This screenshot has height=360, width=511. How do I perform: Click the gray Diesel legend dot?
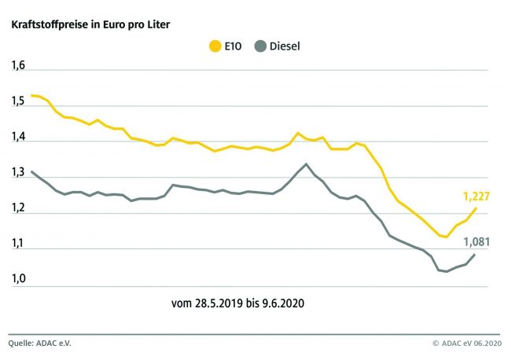[260, 46]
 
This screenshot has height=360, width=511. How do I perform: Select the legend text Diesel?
[285, 46]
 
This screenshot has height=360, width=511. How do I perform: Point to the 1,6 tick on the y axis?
[18, 65]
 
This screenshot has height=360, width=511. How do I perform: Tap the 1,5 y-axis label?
[18, 101]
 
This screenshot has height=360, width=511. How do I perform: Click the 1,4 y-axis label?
[18, 137]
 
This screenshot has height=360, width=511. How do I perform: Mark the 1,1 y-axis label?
[18, 244]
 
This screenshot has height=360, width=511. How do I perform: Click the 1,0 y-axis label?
[18, 279]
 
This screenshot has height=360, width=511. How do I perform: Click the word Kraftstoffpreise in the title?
[44, 24]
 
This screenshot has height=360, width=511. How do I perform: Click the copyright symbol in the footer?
[435, 343]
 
